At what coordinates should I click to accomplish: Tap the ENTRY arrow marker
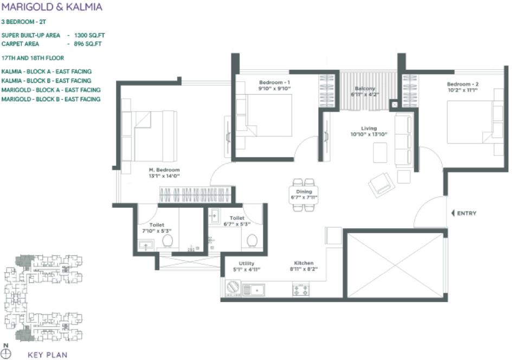click(453, 214)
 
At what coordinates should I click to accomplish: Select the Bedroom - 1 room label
click(274, 82)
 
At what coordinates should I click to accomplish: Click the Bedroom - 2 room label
click(462, 84)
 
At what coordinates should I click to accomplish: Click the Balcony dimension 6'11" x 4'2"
click(365, 94)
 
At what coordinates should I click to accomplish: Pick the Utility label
click(247, 263)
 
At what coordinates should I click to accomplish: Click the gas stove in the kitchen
click(301, 290)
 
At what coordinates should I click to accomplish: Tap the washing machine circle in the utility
click(233, 287)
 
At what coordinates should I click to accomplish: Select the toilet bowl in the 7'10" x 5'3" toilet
click(168, 240)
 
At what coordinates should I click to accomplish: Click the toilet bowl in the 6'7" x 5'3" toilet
click(252, 240)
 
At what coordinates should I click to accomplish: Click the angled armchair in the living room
click(382, 185)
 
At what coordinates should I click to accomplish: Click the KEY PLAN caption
click(47, 356)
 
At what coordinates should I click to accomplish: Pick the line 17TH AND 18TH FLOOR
click(33, 58)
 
